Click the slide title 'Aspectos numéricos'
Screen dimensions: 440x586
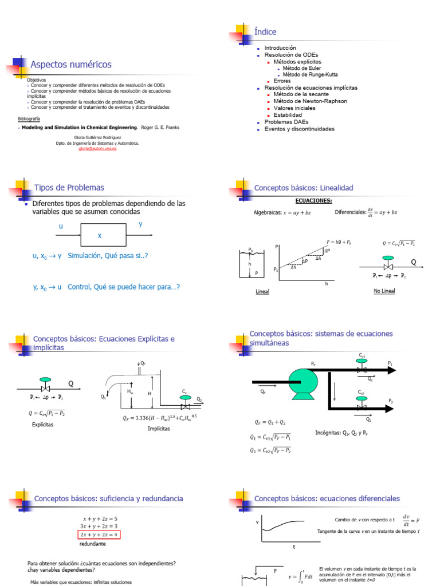click(x=70, y=65)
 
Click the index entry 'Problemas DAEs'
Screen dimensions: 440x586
click(x=286, y=122)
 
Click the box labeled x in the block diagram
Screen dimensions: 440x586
click(x=99, y=235)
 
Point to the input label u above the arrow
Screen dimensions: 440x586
click(x=61, y=227)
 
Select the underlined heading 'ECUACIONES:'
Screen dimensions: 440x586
click(x=313, y=200)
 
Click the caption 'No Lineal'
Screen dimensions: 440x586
click(x=384, y=291)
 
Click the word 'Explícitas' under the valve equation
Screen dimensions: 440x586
click(x=43, y=425)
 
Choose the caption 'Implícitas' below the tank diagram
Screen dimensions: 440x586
click(x=159, y=428)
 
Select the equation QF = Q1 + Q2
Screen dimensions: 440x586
click(x=270, y=422)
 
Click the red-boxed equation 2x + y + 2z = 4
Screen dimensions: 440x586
click(x=100, y=535)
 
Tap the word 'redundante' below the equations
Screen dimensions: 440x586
click(x=92, y=544)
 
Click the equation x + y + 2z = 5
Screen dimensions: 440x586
click(x=100, y=519)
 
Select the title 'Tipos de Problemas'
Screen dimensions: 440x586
click(x=69, y=188)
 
